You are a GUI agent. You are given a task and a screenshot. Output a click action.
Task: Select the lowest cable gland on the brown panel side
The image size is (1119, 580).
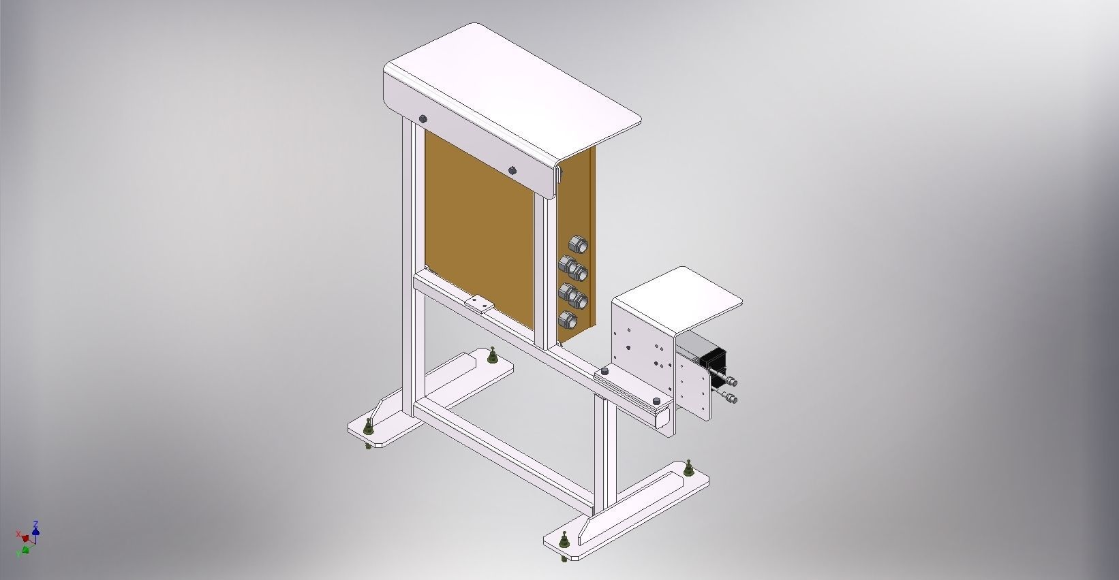[566, 319]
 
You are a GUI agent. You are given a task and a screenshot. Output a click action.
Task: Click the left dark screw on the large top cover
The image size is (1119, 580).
[423, 119]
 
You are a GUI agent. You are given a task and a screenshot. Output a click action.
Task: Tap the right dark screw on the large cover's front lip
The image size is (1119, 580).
[512, 170]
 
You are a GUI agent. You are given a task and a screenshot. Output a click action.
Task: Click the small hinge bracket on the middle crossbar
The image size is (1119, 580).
[479, 302]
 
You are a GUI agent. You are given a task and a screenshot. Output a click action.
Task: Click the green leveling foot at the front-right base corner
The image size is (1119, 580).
[564, 541]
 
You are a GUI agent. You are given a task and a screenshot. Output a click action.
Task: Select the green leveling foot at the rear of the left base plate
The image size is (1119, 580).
[491, 355]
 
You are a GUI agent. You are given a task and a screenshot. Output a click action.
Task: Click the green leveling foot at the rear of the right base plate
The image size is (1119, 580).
[689, 467]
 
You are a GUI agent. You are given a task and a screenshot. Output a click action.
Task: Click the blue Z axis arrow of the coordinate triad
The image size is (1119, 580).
[35, 526]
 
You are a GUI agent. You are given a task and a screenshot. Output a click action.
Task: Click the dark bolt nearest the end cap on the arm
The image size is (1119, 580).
[656, 401]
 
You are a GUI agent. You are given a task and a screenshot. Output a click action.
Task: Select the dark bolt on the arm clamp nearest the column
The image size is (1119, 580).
[604, 372]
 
